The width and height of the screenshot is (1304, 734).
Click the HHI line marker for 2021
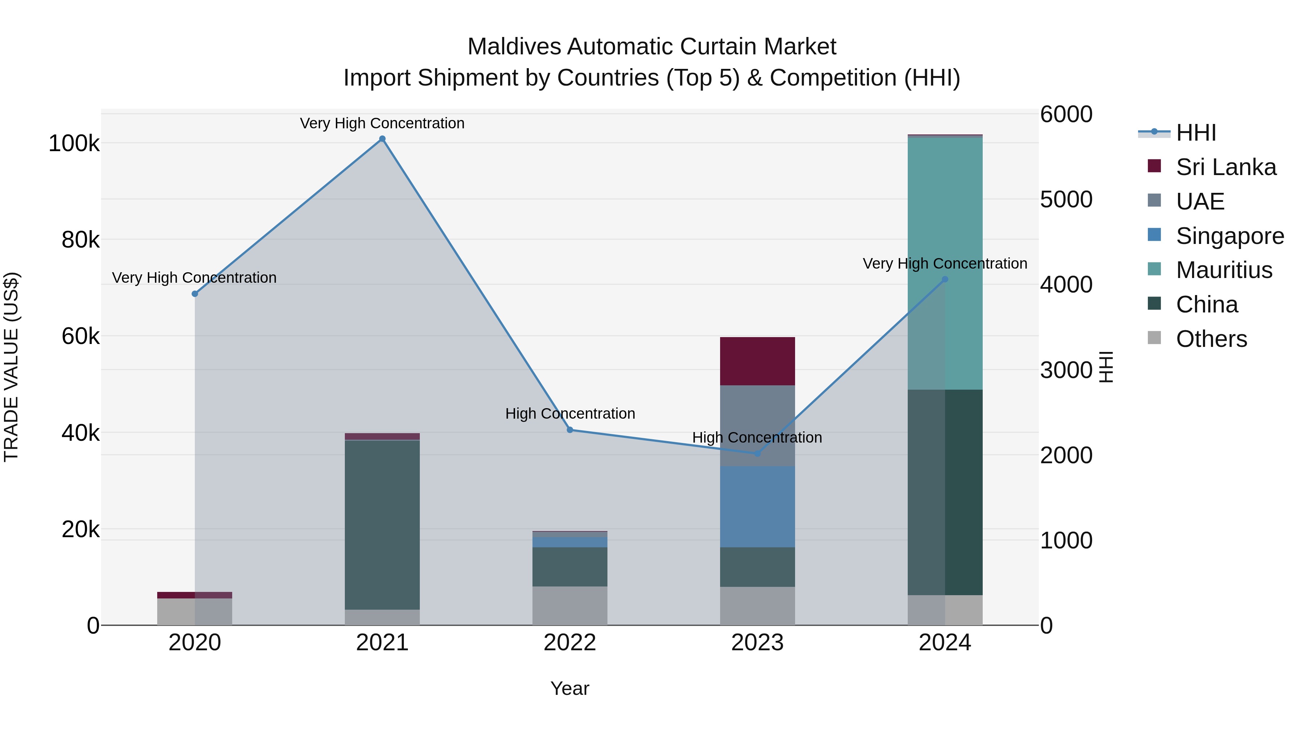(382, 139)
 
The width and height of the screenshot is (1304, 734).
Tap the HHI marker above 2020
(195, 294)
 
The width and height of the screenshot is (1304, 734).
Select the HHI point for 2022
(570, 430)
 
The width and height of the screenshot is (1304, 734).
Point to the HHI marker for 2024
(945, 279)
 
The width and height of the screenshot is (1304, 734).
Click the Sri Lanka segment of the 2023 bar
(757, 361)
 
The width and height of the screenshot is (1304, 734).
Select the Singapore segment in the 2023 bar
(757, 507)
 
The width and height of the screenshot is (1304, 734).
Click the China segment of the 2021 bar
(382, 525)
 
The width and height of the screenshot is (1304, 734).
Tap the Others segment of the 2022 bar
(570, 606)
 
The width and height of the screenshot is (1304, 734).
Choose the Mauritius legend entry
(1224, 270)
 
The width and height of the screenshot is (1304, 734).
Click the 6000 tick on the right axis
(1066, 115)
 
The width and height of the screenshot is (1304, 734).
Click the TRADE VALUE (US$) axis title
(12, 367)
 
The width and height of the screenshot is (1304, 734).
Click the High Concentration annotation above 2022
(570, 414)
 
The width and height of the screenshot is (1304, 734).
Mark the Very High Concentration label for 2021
(382, 124)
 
